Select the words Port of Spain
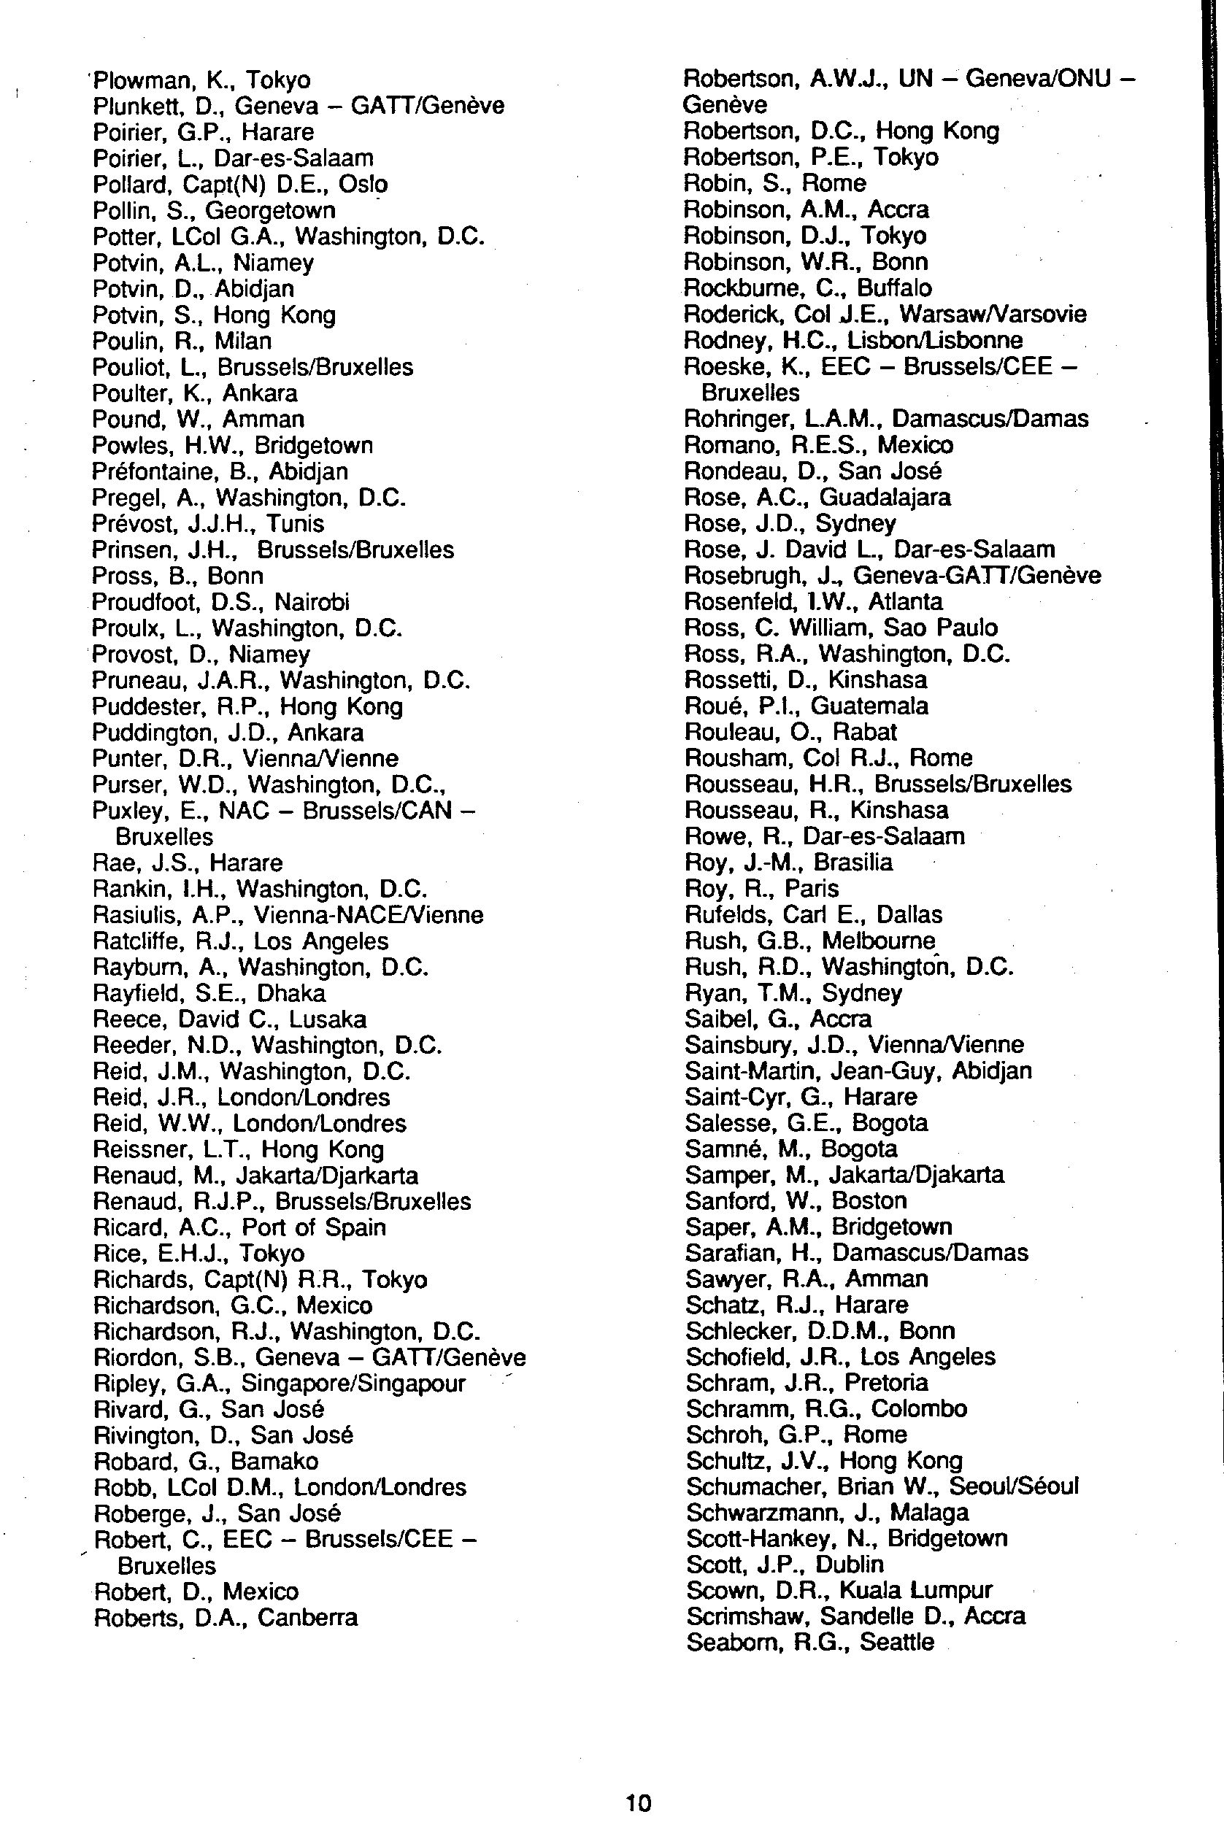tap(314, 1227)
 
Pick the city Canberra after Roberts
tap(307, 1618)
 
